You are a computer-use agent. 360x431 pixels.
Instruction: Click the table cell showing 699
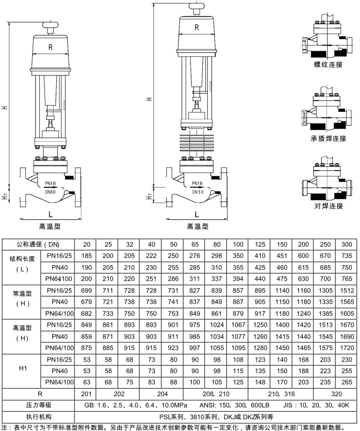point(86,290)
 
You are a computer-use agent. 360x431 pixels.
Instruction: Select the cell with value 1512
point(346,290)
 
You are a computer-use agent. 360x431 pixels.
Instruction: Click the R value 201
point(86,394)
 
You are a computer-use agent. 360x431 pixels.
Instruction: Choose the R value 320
point(335,394)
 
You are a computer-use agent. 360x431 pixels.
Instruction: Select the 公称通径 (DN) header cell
point(38,245)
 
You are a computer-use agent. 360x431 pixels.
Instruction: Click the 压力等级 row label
point(38,405)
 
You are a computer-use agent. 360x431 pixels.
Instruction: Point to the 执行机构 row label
point(38,416)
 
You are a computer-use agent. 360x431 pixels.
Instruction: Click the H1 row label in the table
point(24,368)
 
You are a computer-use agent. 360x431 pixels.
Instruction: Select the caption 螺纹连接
point(328,65)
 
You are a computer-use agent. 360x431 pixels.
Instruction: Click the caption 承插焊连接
point(328,138)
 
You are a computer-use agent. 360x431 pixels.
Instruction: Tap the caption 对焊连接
point(328,206)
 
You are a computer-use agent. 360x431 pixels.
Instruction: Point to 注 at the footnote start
point(4,427)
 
